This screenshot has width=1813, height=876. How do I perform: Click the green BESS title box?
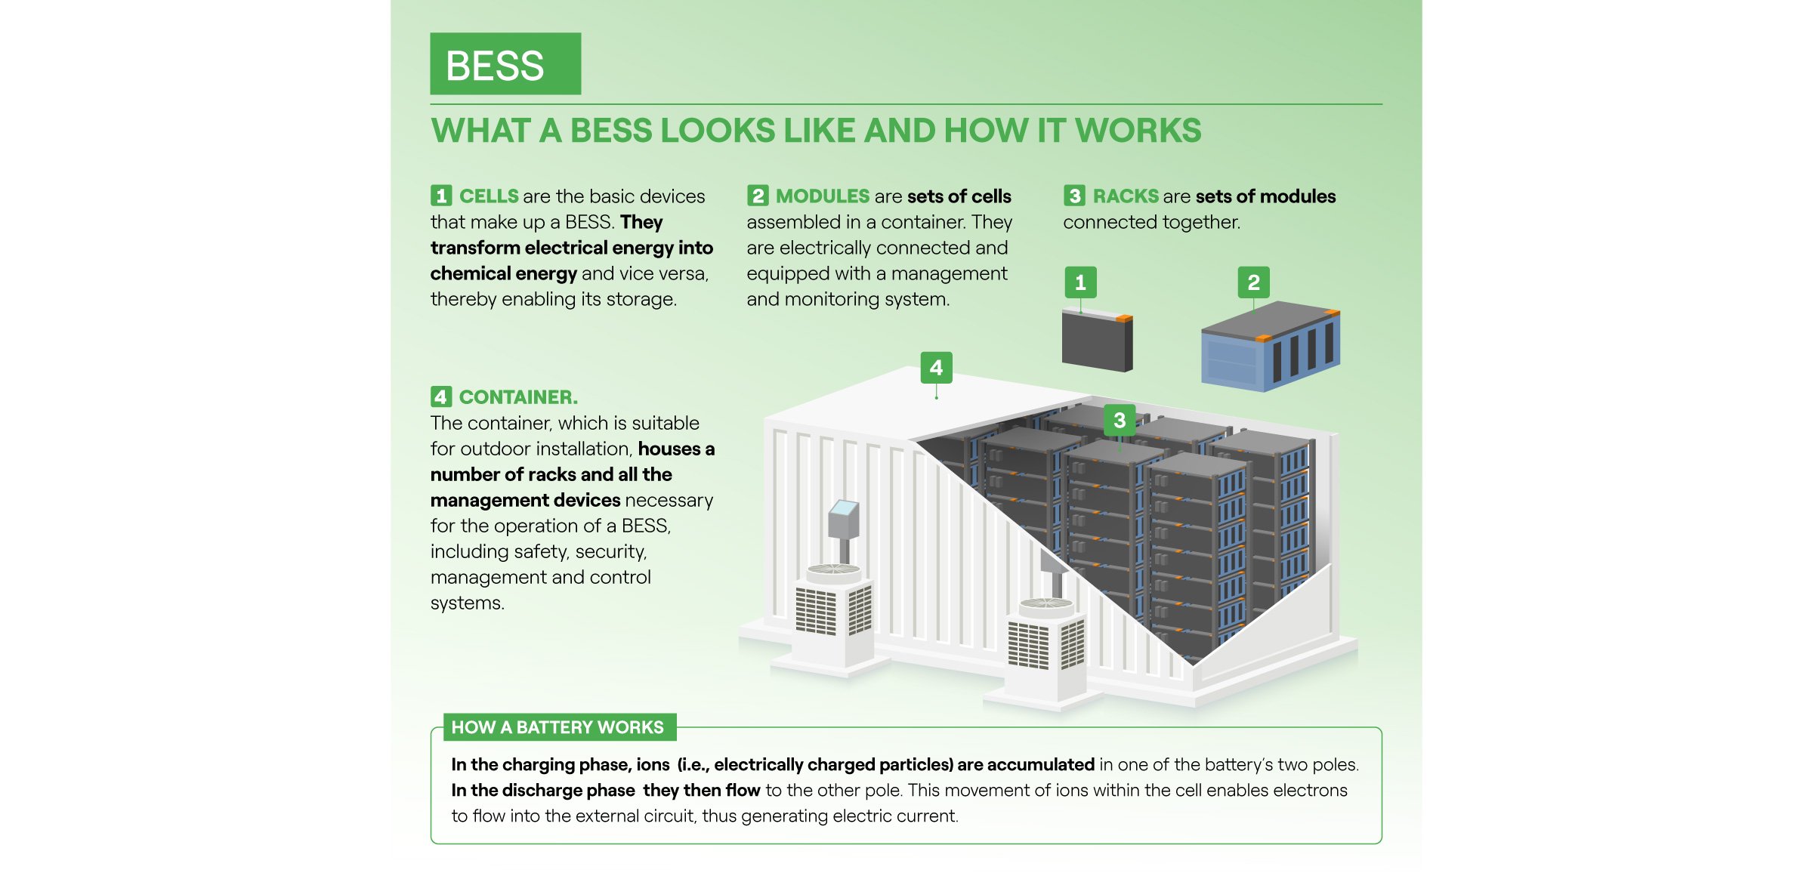pos(505,64)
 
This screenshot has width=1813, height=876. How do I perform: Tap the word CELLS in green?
pos(489,196)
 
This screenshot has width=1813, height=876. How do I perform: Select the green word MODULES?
pos(823,196)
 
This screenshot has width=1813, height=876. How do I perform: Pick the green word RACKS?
pos(1126,196)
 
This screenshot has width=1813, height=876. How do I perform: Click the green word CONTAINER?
pos(518,397)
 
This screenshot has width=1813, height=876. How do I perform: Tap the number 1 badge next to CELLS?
pos(441,196)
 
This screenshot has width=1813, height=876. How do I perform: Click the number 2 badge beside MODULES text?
pos(758,196)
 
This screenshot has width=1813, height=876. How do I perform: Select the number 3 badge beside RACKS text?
pos(1074,196)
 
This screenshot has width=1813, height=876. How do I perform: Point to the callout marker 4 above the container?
pos(936,368)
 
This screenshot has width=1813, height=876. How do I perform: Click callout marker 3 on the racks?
pos(1120,421)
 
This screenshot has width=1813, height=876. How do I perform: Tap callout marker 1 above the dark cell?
pos(1080,282)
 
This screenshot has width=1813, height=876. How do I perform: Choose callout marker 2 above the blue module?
pos(1253,282)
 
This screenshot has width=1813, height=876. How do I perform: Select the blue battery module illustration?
pos(1269,347)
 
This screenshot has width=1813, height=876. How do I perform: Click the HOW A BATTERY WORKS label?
pos(557,727)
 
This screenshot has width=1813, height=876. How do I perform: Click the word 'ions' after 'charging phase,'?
pos(653,765)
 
